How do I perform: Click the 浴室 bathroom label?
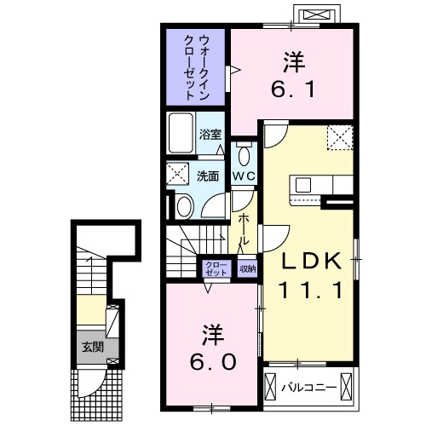(x=210, y=134)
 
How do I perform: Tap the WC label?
(x=245, y=176)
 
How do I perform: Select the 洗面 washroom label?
(x=209, y=176)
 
